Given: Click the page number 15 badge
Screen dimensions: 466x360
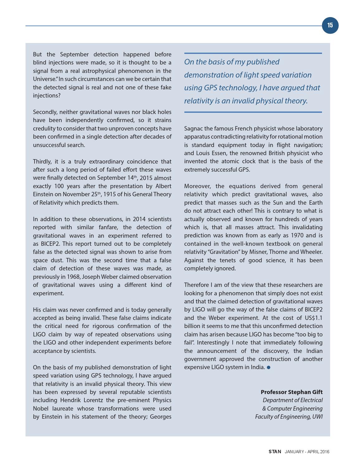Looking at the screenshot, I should [330, 25].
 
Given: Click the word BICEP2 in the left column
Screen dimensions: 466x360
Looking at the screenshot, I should [51, 244].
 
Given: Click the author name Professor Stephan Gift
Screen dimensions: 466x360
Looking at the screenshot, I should [291, 392].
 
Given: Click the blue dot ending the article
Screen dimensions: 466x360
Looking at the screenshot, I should [269, 367].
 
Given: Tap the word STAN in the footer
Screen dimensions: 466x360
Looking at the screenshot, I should [275, 452].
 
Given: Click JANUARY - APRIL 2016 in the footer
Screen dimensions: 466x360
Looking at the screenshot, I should [307, 452].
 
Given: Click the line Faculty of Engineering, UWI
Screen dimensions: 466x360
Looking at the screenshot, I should [289, 417].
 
